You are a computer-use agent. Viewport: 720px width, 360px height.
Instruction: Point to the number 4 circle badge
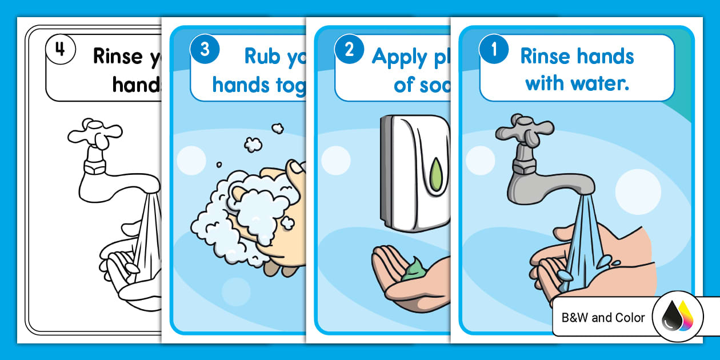60,50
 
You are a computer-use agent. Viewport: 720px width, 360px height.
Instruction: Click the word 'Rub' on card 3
262,57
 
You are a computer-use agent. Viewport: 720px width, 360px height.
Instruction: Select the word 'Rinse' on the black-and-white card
118,57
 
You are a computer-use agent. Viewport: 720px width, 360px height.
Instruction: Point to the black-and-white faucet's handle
95,133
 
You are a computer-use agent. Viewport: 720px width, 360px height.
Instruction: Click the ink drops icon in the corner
677,317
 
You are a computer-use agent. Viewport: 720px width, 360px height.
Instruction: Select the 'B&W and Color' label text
603,318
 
